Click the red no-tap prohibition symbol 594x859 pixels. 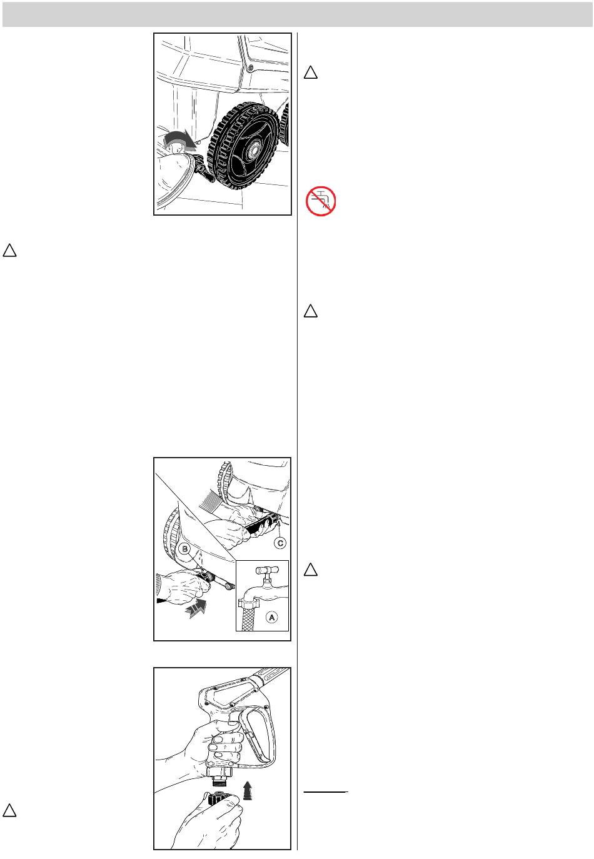click(x=321, y=201)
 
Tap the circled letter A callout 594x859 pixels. click(x=271, y=618)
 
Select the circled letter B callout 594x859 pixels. click(x=185, y=549)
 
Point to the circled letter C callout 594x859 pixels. click(x=280, y=543)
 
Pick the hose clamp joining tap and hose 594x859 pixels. click(x=248, y=603)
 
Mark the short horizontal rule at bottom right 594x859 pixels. click(x=326, y=791)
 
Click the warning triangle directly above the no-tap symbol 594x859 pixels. click(x=311, y=73)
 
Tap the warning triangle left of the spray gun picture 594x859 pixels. click(x=9, y=810)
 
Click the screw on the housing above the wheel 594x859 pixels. click(x=250, y=68)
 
